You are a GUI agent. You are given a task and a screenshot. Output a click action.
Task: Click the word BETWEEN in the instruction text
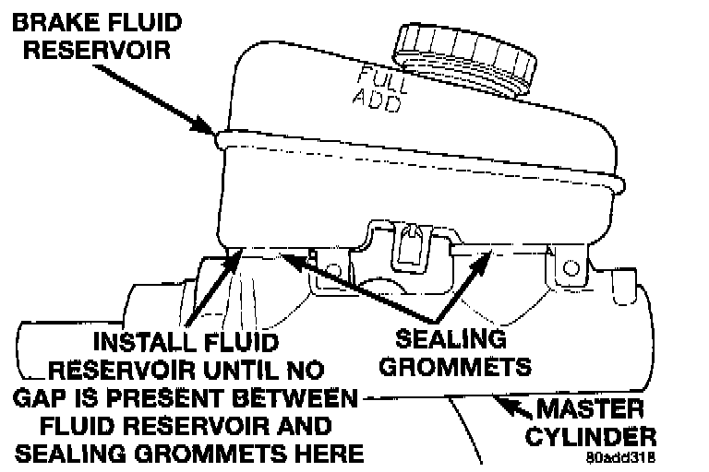coord(296,402)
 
